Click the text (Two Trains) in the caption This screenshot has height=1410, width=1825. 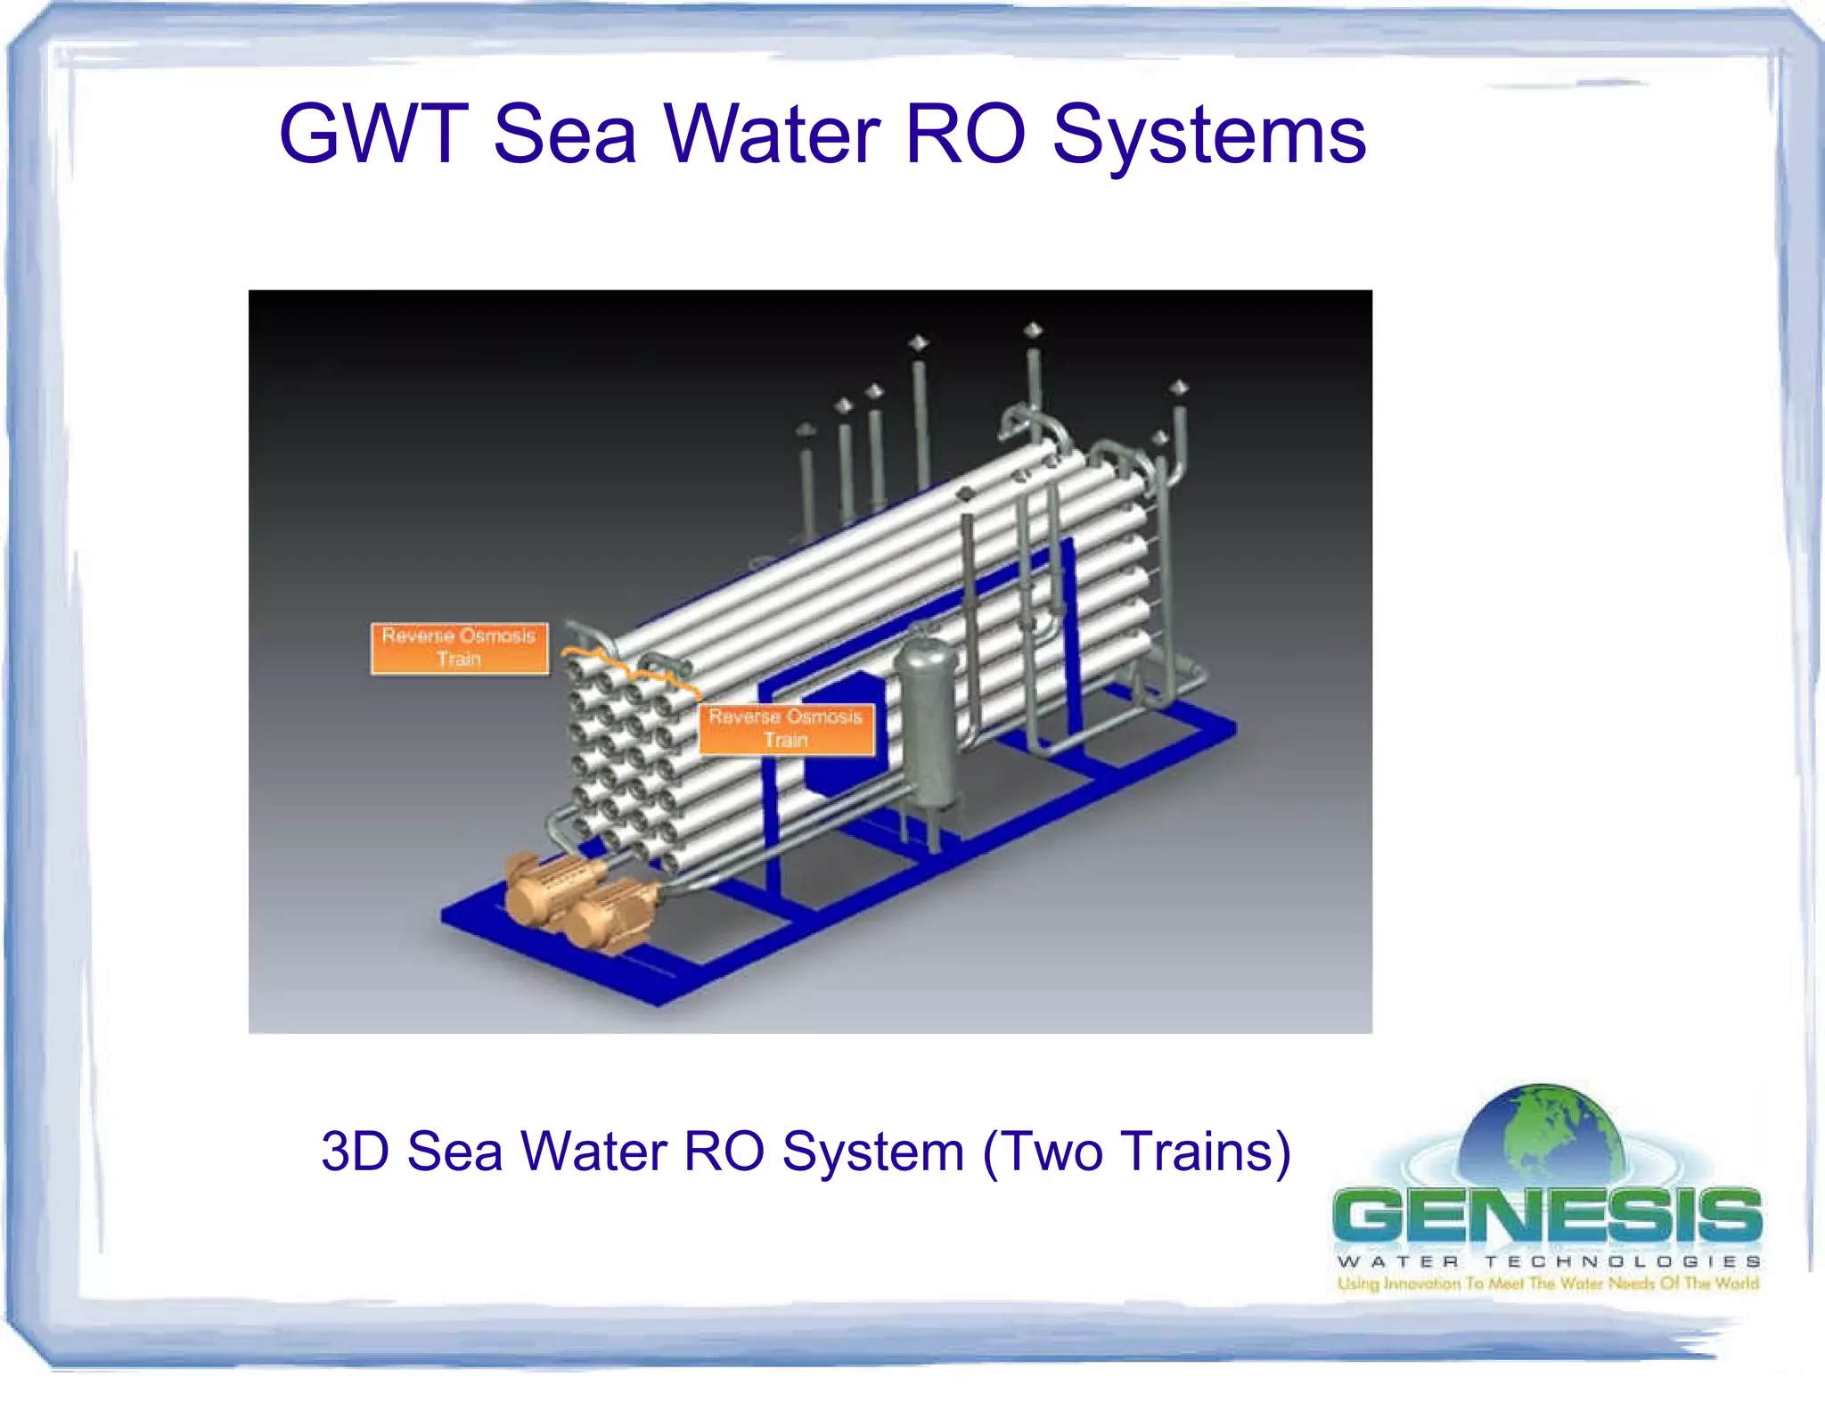(1136, 1152)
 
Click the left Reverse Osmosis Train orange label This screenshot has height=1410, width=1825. (459, 648)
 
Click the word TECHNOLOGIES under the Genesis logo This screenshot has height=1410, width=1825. (1623, 1262)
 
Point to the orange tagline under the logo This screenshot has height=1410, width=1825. (1548, 1283)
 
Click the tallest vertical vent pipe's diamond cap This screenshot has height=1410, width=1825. (1032, 331)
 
